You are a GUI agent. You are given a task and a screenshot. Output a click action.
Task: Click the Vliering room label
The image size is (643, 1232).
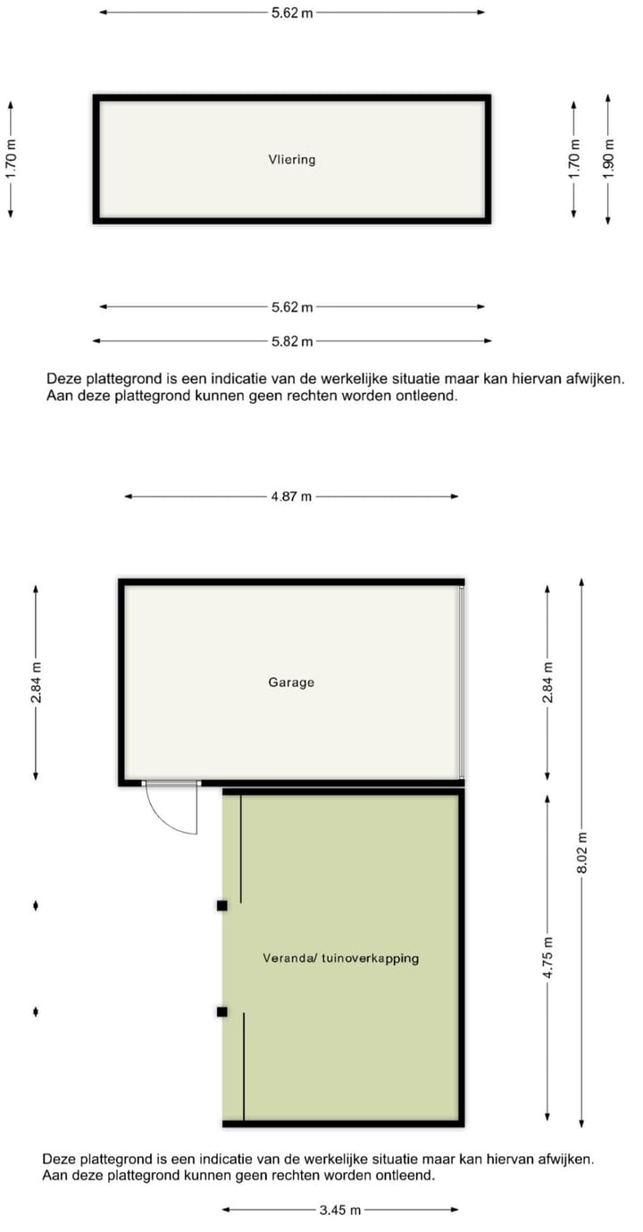click(x=292, y=160)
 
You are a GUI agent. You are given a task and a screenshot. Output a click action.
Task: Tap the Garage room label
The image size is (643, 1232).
click(x=291, y=682)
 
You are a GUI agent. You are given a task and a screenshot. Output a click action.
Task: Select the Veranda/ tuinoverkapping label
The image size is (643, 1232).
click(x=340, y=958)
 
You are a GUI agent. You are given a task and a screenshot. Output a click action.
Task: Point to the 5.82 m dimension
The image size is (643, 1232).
click(x=292, y=341)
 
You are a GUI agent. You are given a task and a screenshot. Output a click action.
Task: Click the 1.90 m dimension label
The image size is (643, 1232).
click(x=608, y=159)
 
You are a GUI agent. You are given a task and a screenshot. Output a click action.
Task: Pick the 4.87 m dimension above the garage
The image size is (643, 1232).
click(x=291, y=497)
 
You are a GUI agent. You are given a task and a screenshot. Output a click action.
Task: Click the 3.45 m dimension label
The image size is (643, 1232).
click(x=340, y=1211)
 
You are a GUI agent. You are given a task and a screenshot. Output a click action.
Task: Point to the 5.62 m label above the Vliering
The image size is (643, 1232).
click(x=292, y=13)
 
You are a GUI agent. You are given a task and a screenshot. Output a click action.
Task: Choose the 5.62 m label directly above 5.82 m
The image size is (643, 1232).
click(x=292, y=307)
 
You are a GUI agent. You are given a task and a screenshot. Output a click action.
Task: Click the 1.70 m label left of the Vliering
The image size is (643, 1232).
click(x=11, y=159)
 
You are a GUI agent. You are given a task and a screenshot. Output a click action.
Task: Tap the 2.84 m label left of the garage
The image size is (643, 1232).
click(x=36, y=682)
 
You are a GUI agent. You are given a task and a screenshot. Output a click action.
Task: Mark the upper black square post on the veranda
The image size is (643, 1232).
click(x=221, y=905)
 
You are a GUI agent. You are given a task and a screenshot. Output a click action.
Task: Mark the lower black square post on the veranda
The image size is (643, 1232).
click(x=221, y=1011)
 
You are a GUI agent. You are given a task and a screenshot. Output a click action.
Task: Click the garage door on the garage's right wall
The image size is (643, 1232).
click(x=462, y=682)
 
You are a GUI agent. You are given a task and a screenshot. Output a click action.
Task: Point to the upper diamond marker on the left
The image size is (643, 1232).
click(x=36, y=906)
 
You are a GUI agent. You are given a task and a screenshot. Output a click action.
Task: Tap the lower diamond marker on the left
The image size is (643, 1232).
click(x=36, y=1011)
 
